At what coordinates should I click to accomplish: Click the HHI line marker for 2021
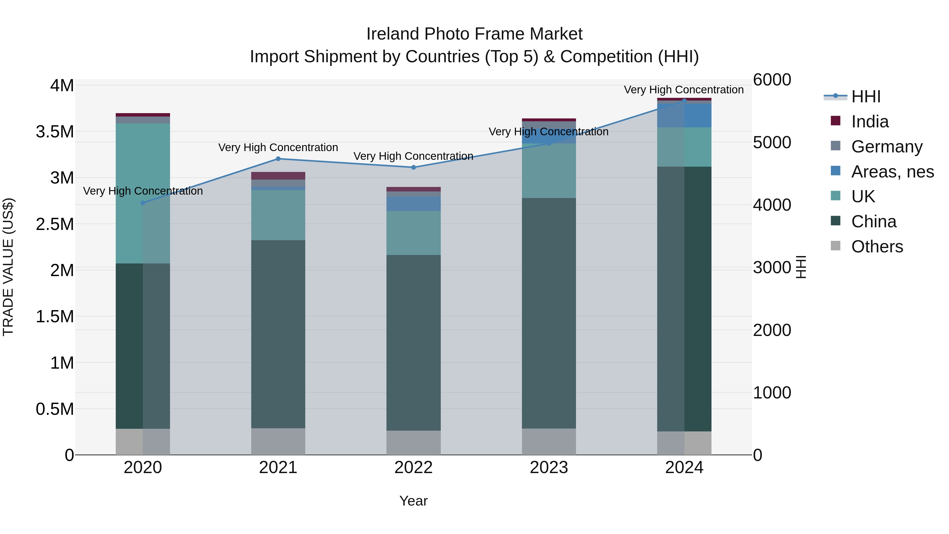[278, 159]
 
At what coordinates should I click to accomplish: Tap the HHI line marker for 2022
[413, 167]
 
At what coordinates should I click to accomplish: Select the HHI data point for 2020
[143, 203]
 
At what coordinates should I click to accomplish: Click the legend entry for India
[870, 122]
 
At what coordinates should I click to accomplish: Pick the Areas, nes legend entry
[892, 172]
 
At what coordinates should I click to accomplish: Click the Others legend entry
[877, 247]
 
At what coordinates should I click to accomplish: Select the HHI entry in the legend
[866, 97]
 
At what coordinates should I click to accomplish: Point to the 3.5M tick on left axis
[55, 132]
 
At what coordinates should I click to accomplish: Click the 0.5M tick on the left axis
[55, 409]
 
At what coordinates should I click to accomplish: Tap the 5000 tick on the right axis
[772, 143]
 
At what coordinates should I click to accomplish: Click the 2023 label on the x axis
[549, 468]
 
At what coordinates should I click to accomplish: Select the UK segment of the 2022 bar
[413, 233]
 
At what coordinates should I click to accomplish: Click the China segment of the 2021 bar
[278, 334]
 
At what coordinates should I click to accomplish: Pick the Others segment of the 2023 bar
[549, 441]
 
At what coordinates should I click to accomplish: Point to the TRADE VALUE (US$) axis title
[8, 267]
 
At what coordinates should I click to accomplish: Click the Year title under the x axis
[413, 501]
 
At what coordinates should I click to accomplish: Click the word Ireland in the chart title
[393, 34]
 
